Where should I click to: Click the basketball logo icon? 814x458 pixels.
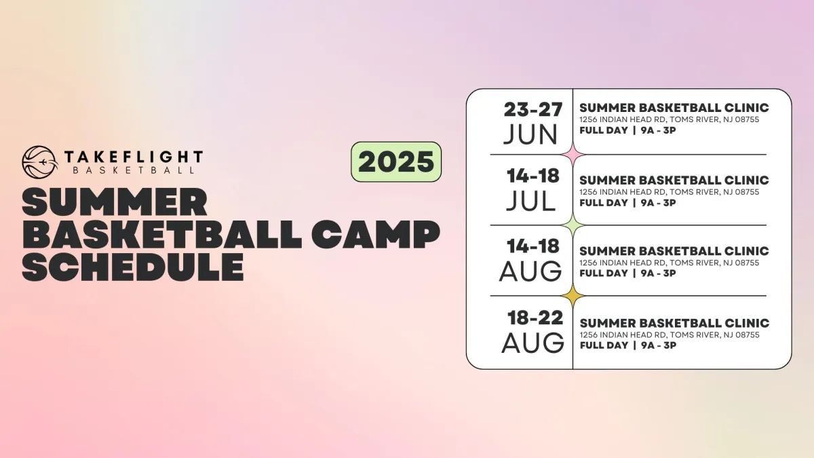point(39,162)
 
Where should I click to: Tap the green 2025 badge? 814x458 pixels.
point(396,161)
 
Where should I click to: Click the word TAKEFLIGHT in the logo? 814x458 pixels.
point(134,157)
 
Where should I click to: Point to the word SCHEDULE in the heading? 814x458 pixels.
point(133,267)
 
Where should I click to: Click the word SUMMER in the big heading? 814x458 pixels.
point(115,202)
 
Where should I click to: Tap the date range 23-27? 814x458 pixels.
point(533,109)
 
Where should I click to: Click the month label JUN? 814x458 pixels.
point(530,134)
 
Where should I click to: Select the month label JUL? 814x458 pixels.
point(530,201)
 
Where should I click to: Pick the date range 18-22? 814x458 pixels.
point(535,318)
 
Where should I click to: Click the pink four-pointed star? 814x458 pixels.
point(573,155)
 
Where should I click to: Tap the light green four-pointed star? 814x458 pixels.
point(573,225)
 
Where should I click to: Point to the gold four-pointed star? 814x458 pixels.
point(573,296)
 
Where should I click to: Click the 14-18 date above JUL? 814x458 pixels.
point(532,176)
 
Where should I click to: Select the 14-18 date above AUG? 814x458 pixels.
point(532,246)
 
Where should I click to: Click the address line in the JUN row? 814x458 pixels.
point(669,119)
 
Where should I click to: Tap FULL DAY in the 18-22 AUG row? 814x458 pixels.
point(604,345)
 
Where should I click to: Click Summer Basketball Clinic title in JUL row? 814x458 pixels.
point(674,180)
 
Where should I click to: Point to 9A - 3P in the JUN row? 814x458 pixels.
point(659,130)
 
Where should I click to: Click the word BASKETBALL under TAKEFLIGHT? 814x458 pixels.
point(134,170)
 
